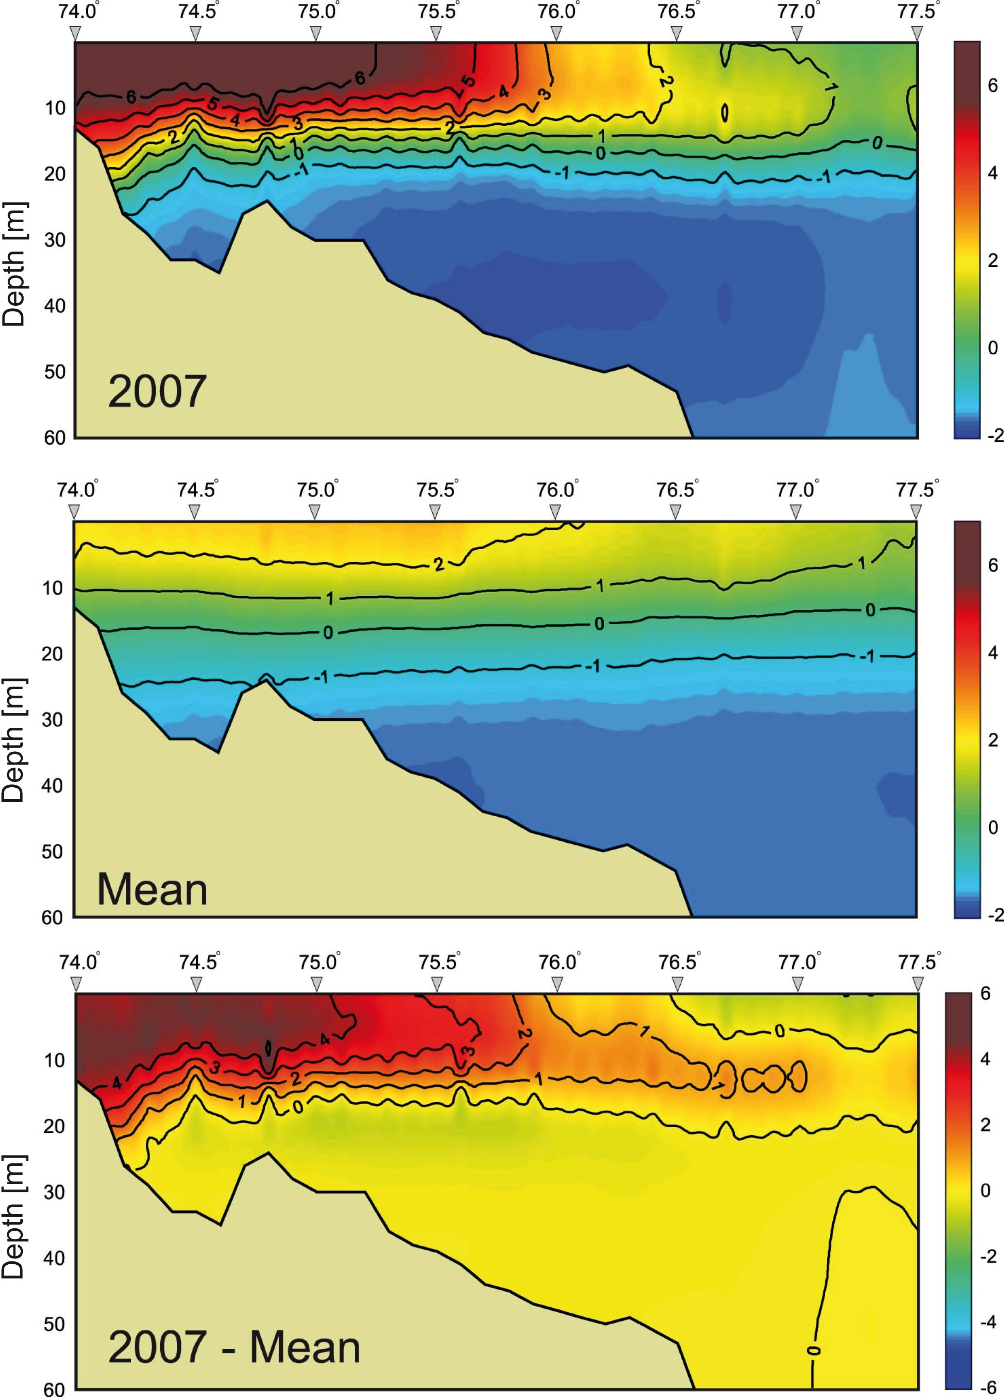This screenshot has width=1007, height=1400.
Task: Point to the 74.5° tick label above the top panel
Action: coord(198,12)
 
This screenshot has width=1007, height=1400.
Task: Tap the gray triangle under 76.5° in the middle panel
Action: coord(675,512)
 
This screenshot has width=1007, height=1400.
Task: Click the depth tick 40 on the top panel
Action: coord(54,306)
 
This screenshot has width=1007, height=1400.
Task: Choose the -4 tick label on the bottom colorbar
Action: coord(988,1322)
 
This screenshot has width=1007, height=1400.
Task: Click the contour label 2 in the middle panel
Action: coord(438,564)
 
